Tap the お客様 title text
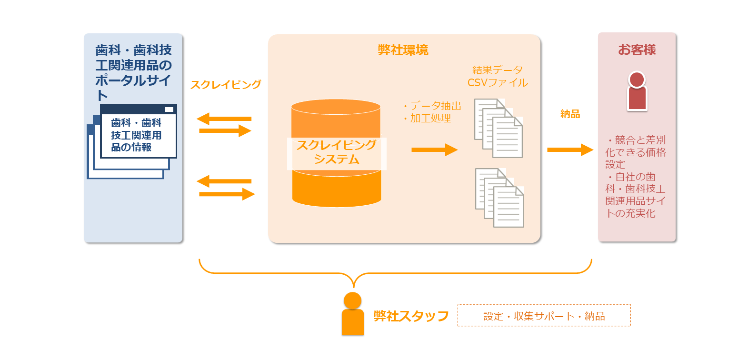coord(637,50)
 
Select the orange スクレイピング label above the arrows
coord(226,85)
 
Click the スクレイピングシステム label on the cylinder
coord(337,152)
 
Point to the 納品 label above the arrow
coord(570,114)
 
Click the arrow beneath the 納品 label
coord(570,150)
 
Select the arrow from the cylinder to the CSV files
coord(434,150)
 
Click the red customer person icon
coord(637,91)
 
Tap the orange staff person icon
coord(352,314)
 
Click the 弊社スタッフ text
coord(411,316)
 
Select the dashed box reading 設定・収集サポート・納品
coord(544,316)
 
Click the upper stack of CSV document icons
coord(499,128)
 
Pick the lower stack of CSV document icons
coord(499,198)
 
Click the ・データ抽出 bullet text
coord(431,106)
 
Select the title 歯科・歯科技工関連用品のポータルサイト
coord(133,71)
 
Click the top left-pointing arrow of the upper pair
coord(224,119)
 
